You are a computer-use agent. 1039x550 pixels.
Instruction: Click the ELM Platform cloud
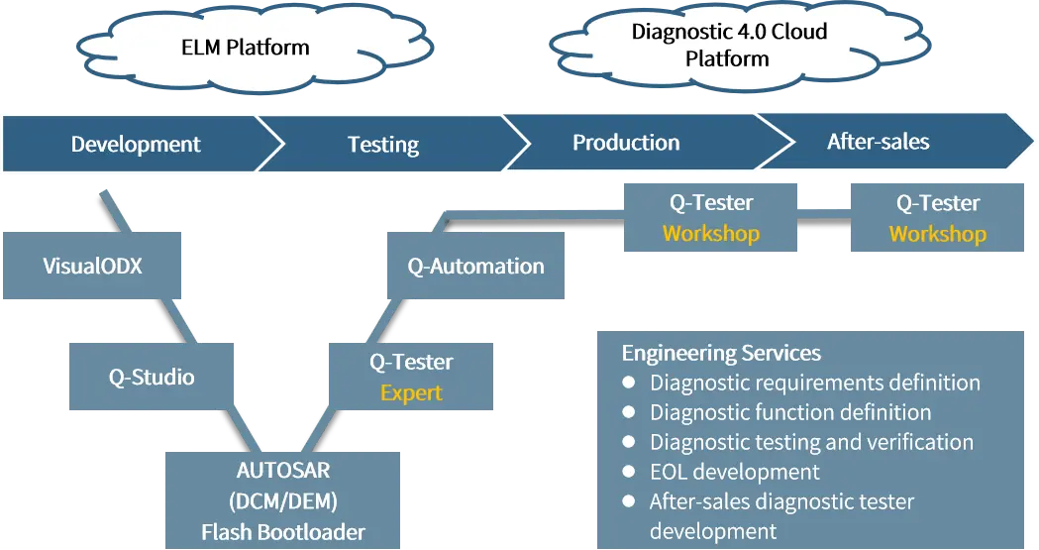click(255, 48)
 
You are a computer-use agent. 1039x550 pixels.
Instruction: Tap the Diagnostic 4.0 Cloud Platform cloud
click(740, 45)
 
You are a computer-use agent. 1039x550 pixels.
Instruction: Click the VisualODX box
click(92, 266)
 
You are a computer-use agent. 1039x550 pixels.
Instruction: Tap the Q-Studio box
click(152, 377)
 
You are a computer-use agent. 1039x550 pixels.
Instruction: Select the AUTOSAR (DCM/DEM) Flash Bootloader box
click(283, 500)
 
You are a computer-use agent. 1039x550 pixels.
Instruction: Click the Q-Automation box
click(475, 266)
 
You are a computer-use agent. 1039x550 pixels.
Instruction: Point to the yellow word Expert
click(411, 392)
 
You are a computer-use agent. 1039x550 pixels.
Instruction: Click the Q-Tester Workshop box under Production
click(710, 217)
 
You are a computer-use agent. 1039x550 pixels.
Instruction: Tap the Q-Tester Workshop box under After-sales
click(937, 217)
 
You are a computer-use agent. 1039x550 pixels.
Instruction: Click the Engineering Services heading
click(721, 353)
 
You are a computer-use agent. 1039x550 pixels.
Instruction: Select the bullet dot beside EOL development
click(629, 471)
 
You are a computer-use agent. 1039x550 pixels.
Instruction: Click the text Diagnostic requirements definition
click(815, 383)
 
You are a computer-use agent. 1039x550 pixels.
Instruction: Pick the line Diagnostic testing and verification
click(812, 441)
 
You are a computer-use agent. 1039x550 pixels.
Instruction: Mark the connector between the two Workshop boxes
click(824, 214)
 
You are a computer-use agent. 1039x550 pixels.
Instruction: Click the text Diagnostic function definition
click(790, 412)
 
